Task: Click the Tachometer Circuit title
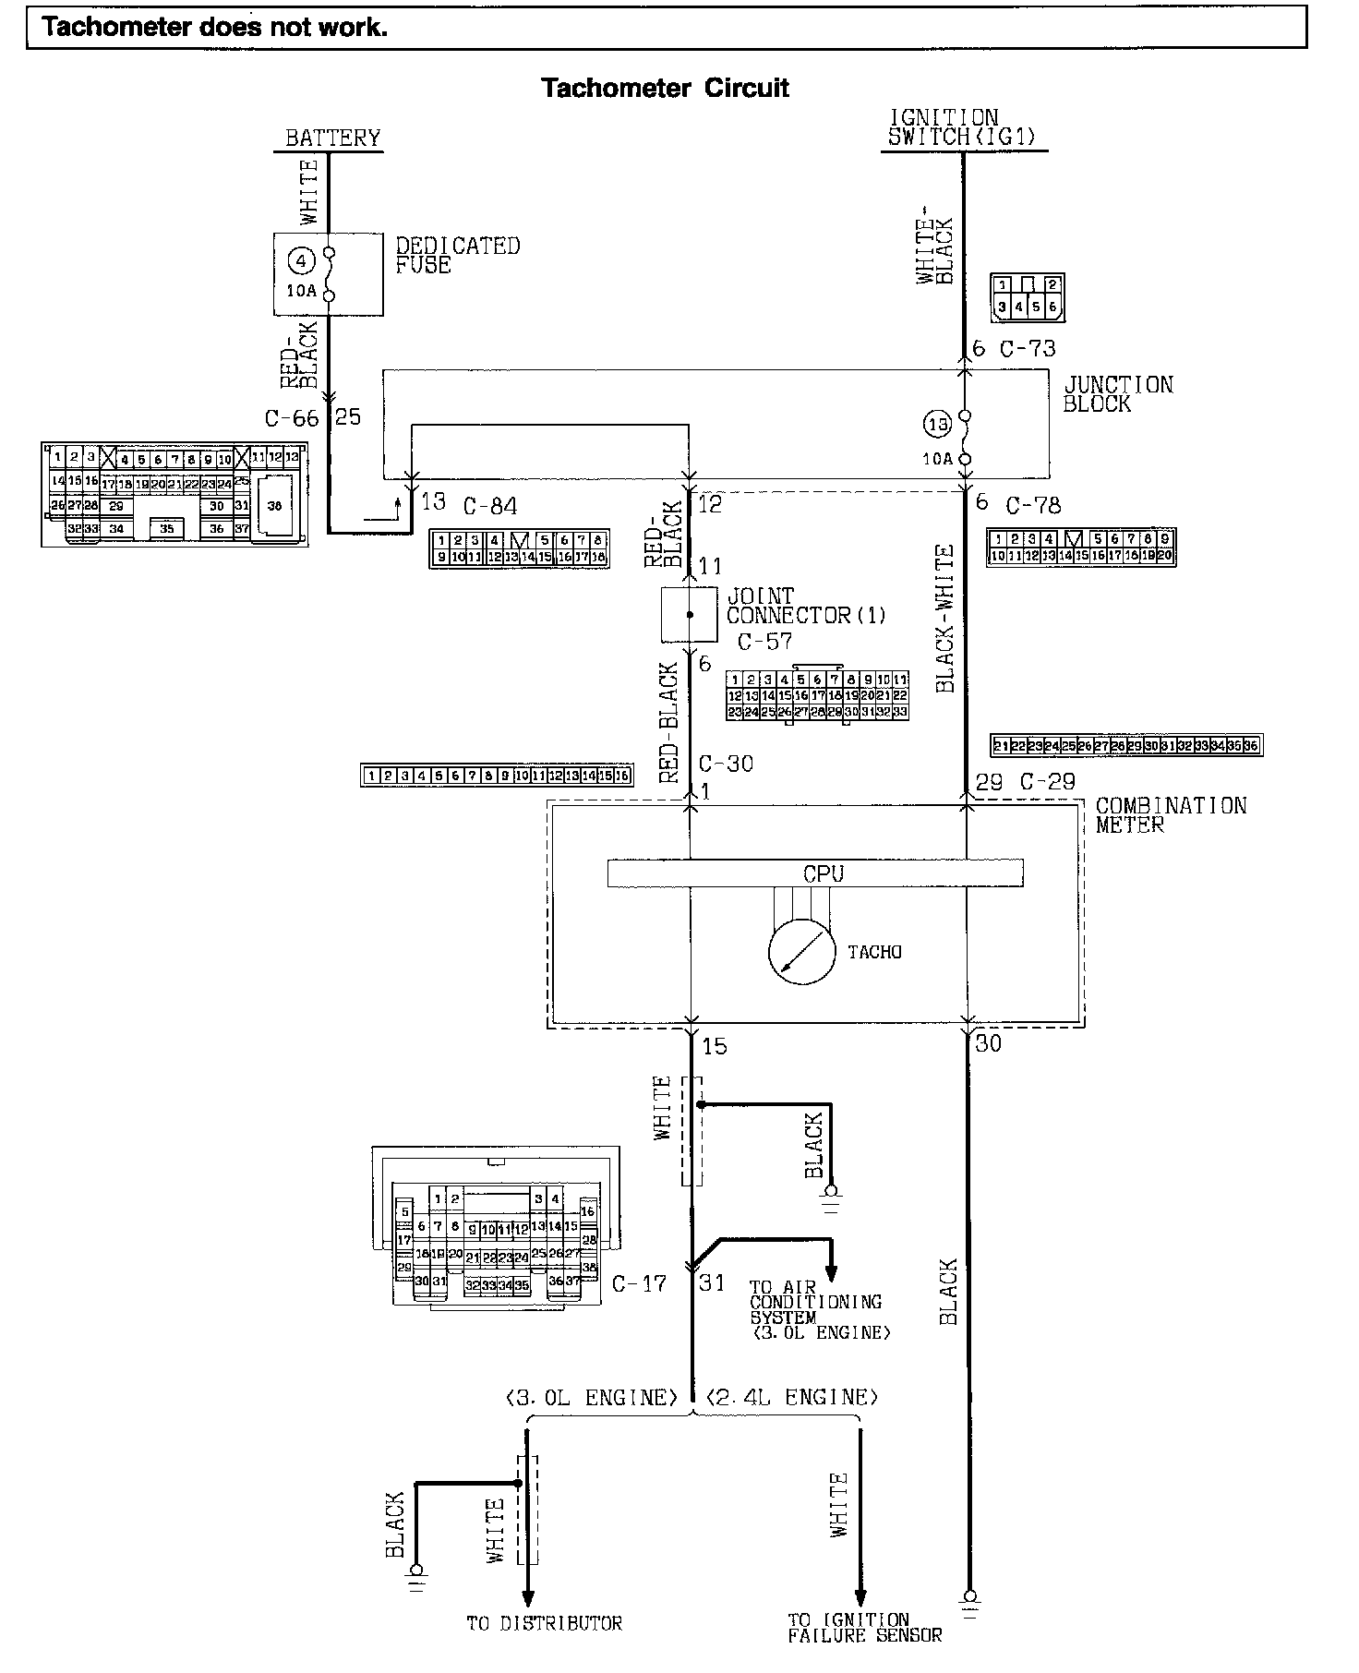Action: [x=665, y=89]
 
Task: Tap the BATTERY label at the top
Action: [x=332, y=138]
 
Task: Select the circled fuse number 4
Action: [x=301, y=261]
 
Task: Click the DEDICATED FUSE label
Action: [x=457, y=256]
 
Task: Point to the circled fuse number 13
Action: [x=937, y=426]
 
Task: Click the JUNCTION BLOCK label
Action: [x=1117, y=394]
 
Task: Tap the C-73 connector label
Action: [x=1027, y=349]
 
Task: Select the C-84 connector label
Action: [x=489, y=506]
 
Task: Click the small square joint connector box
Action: [x=689, y=614]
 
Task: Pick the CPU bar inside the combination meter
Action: [x=814, y=873]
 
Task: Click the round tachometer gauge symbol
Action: [x=801, y=951]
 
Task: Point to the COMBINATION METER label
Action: [x=1170, y=815]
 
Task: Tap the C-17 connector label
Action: [x=639, y=1283]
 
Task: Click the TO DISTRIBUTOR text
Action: [x=544, y=1623]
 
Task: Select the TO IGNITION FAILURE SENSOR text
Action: [x=864, y=1628]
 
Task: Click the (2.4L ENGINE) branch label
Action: [x=791, y=1398]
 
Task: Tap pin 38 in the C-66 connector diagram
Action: [x=274, y=506]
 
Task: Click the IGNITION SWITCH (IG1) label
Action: [x=961, y=128]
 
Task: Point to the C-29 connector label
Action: [x=1047, y=782]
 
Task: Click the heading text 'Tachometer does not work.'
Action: [x=215, y=28]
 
